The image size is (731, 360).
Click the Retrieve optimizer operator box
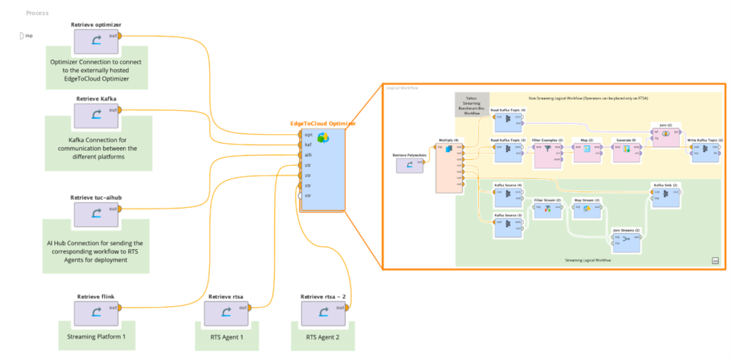pyautogui.click(x=96, y=44)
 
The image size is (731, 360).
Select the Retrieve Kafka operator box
pyautogui.click(x=96, y=116)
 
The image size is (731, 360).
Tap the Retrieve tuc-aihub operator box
pyautogui.click(x=96, y=216)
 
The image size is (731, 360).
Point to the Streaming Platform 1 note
pyautogui.click(x=96, y=335)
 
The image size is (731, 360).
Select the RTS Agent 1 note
pyautogui.click(x=226, y=336)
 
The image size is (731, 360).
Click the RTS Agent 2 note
pyautogui.click(x=323, y=336)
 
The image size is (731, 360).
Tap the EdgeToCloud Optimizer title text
pyautogui.click(x=323, y=124)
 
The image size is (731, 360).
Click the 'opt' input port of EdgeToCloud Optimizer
pyautogui.click(x=300, y=134)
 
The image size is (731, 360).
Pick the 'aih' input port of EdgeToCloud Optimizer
pyautogui.click(x=300, y=154)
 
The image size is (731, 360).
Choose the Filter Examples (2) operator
pyautogui.click(x=547, y=151)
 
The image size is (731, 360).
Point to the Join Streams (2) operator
pyautogui.click(x=626, y=241)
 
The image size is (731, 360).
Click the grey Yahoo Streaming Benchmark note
pyautogui.click(x=472, y=104)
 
